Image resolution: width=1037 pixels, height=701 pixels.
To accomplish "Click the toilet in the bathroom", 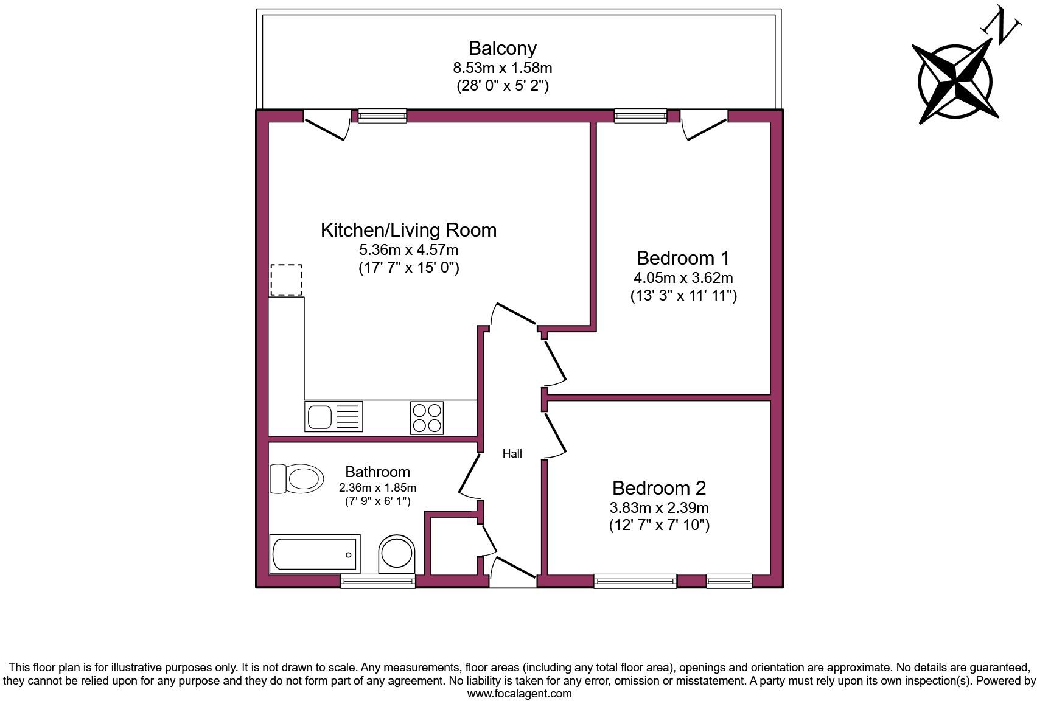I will (297, 478).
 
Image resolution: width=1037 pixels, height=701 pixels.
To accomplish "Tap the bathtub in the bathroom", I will (315, 554).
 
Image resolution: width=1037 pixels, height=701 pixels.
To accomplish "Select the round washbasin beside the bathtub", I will (396, 554).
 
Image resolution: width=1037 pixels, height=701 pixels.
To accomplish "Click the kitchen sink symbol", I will (333, 417).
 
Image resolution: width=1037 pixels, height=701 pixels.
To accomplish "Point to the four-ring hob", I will (427, 417).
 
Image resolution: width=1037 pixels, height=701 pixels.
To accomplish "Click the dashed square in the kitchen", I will (286, 280).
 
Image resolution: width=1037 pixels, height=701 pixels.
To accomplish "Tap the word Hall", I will (512, 453).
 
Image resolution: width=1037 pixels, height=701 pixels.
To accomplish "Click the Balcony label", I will (502, 48).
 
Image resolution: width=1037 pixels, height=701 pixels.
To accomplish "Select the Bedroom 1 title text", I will (683, 257).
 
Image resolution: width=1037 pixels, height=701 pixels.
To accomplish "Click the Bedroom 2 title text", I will (659, 487).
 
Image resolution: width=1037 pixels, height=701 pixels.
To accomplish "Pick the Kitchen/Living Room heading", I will (408, 230).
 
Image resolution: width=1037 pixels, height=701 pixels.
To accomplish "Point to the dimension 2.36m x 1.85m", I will (377, 487).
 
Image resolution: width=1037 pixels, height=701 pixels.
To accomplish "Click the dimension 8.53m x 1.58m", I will (502, 68).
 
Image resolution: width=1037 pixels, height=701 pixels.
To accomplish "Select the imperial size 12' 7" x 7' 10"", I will (659, 525).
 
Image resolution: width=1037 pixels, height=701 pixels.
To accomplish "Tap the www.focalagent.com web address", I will (519, 693).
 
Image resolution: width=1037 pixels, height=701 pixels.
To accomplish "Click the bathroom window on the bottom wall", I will (377, 582).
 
